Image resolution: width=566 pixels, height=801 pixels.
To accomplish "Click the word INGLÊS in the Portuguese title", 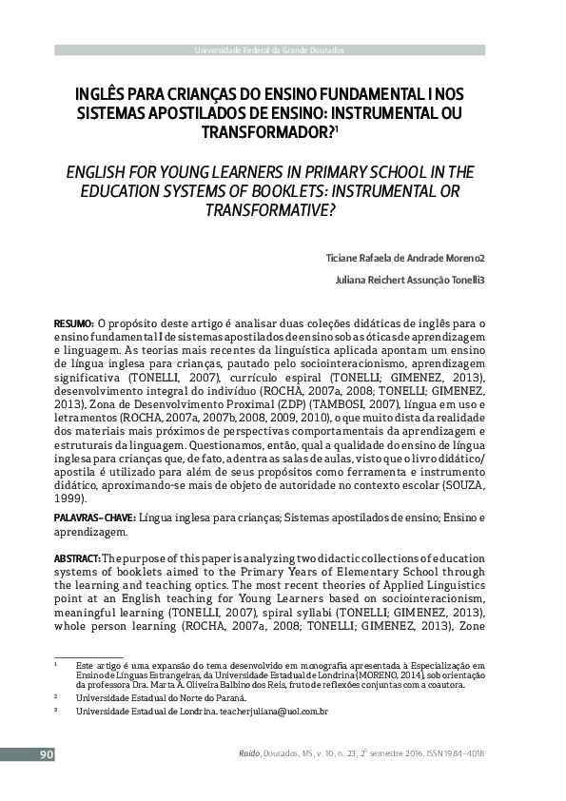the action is pos(99,95).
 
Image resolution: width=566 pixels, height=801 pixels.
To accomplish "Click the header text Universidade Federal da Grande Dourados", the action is pos(269,49).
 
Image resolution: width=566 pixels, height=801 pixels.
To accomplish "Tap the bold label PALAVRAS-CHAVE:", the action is pos(95,517).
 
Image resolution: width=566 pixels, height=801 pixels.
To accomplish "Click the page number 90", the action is pos(46,754).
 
